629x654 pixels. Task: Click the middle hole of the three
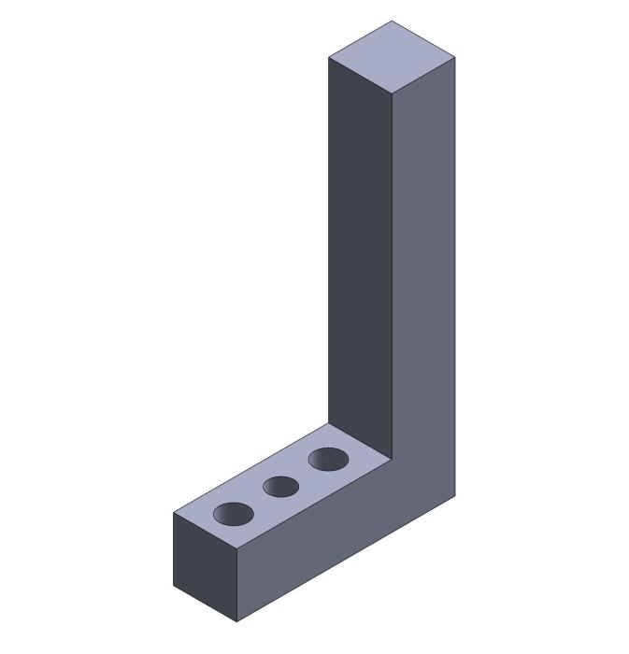pos(280,487)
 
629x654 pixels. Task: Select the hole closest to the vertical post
pos(328,459)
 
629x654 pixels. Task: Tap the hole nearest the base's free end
pos(234,514)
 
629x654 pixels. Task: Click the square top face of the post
pos(392,57)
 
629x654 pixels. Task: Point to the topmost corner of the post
pos(392,21)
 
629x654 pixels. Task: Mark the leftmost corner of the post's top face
pos(329,58)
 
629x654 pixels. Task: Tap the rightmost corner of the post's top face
pos(455,58)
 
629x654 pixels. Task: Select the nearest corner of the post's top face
pos(392,95)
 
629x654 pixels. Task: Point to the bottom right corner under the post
pos(455,496)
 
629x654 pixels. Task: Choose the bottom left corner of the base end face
pos(174,586)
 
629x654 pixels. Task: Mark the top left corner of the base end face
pos(174,512)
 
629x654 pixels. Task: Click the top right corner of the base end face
pos(236,549)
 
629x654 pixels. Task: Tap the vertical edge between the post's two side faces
pos(392,280)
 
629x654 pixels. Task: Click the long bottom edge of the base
pos(346,559)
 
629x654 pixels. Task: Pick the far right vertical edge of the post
pos(455,280)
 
